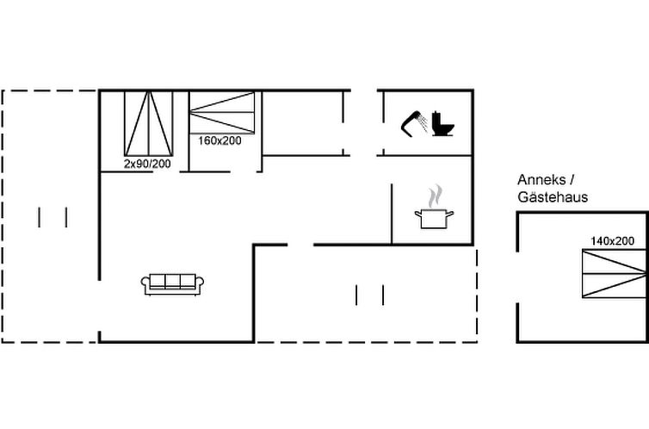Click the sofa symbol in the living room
pos(172,284)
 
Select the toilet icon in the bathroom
pos(442,123)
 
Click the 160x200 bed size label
pos(219,140)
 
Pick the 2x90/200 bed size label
pos(147,164)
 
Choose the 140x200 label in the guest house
pos(612,241)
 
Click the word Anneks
pos(541,180)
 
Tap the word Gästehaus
pos(553,197)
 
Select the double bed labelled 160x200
pos(222,112)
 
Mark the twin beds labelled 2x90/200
pos(149,123)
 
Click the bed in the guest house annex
pos(615,273)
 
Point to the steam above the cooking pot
pos(435,196)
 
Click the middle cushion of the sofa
pos(173,281)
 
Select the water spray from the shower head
pos(423,123)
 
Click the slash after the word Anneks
pos(572,180)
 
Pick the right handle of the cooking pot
pos(450,214)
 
